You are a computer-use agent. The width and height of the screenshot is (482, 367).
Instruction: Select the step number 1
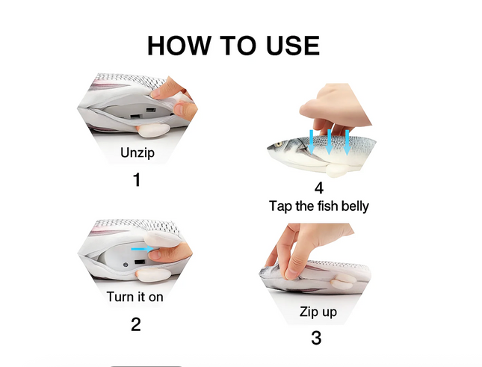pos(136,180)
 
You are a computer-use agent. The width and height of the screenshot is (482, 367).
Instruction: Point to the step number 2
pos(136,324)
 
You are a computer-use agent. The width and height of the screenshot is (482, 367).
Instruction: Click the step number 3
pos(316,338)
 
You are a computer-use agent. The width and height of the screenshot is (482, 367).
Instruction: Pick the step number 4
pos(320,187)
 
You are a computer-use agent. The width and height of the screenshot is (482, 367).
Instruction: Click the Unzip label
pos(138,153)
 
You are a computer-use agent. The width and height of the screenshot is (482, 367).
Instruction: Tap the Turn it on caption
pos(135,297)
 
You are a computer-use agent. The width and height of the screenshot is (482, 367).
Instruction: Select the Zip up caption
pos(318,311)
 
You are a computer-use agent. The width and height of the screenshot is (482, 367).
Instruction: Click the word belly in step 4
pos(351,206)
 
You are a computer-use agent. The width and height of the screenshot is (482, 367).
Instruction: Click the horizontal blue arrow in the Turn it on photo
pos(140,248)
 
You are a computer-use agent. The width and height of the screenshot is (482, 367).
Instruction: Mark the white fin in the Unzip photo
pos(155,132)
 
